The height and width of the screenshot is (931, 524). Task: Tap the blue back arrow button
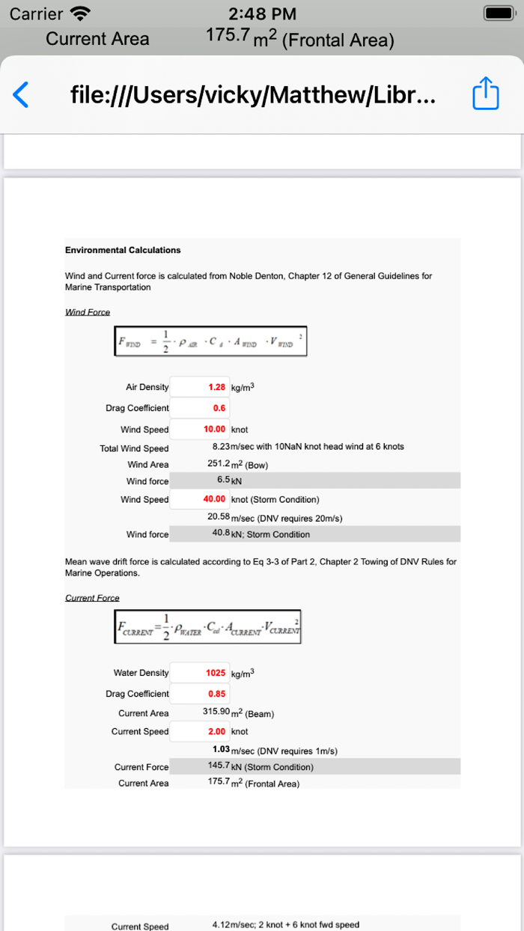pyautogui.click(x=21, y=95)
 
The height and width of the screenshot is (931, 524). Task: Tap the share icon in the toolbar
pyautogui.click(x=485, y=94)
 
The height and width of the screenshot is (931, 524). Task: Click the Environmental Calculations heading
pyautogui.click(x=123, y=250)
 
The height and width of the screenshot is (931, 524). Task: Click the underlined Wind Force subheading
pyautogui.click(x=88, y=312)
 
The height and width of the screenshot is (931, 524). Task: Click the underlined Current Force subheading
pyautogui.click(x=92, y=598)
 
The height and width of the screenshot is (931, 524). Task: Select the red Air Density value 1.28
pyautogui.click(x=217, y=388)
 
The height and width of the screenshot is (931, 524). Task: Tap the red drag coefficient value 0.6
pyautogui.click(x=219, y=409)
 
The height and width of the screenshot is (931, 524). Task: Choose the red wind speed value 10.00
pyautogui.click(x=215, y=430)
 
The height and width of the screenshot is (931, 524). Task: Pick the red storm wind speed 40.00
pyautogui.click(x=215, y=499)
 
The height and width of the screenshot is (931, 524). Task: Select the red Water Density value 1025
pyautogui.click(x=216, y=673)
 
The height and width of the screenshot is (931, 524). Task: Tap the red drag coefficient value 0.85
pyautogui.click(x=217, y=694)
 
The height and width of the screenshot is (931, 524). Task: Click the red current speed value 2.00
pyautogui.click(x=217, y=731)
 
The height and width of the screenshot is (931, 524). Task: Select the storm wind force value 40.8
pyautogui.click(x=221, y=534)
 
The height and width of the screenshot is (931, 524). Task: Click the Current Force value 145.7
pyautogui.click(x=219, y=766)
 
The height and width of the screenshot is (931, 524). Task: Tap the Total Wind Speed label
pyautogui.click(x=134, y=448)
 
